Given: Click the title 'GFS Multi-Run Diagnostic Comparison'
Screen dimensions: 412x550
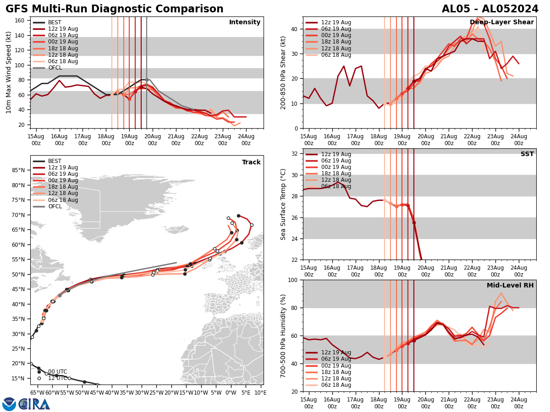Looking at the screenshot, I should coord(115,9).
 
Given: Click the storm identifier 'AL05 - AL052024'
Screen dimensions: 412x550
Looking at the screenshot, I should coord(490,9).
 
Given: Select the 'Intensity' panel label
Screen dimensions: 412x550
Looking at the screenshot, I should coord(245,22).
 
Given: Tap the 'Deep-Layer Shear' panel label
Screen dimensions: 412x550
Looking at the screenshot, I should coord(501,22).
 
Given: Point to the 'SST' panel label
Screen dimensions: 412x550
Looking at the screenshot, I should coord(527,154).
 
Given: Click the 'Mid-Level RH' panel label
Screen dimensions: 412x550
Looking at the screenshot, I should coord(510,286).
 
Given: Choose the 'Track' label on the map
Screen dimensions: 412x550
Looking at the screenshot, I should coord(251,163).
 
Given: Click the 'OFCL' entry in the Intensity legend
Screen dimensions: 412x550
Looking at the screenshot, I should coord(55,68).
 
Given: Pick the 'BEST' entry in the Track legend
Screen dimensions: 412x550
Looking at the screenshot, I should coord(55,161).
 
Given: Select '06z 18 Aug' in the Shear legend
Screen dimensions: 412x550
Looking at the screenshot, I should coord(336,55).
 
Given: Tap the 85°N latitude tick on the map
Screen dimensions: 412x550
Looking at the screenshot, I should coord(18,170).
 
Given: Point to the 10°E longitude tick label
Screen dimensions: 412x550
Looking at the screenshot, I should coord(260,392).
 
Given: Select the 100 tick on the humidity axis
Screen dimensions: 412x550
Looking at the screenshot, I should coord(294,280).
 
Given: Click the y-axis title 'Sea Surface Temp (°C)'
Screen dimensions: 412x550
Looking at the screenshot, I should coord(283,204).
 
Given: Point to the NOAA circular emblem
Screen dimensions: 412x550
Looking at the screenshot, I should coord(9,404).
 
